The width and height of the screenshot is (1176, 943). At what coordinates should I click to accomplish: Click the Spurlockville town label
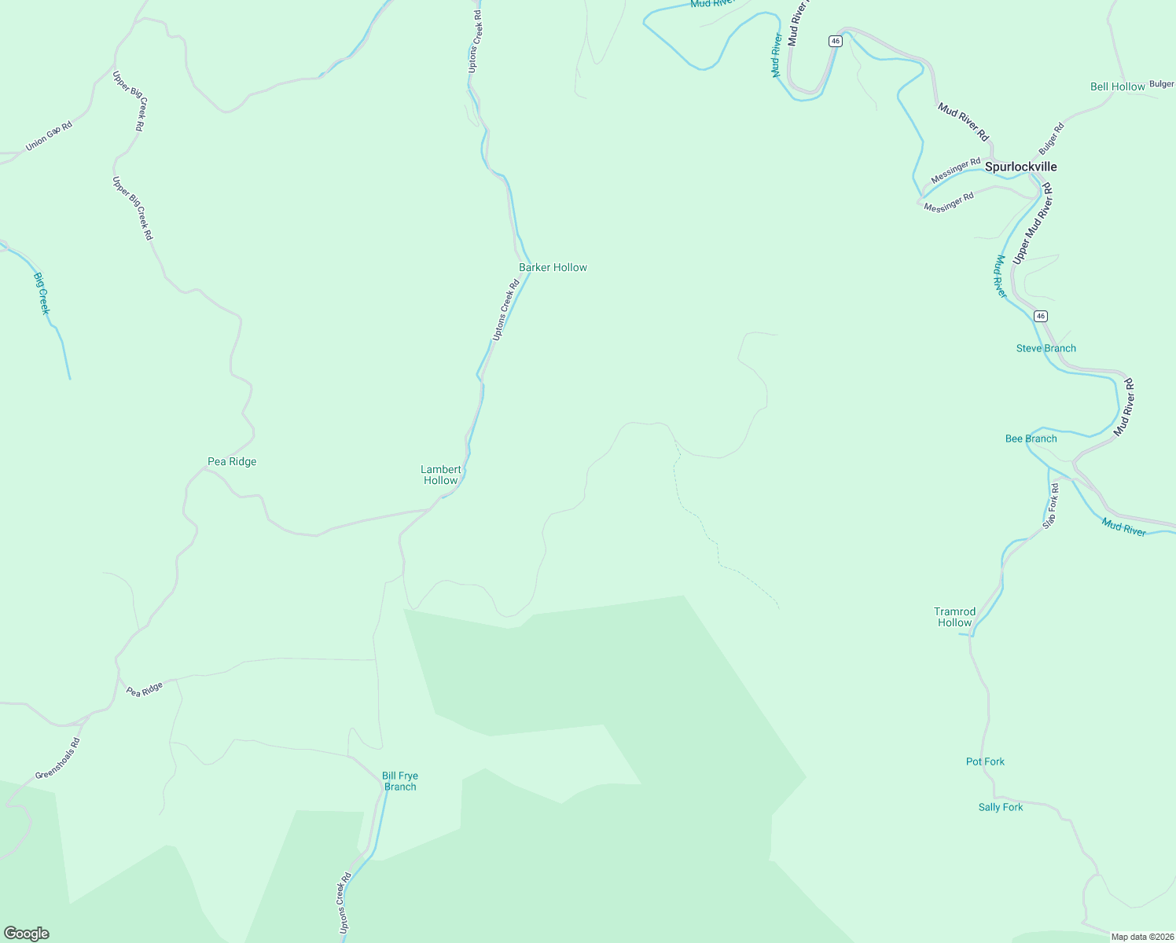pyautogui.click(x=1020, y=167)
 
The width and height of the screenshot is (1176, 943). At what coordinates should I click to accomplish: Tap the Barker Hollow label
pyautogui.click(x=553, y=267)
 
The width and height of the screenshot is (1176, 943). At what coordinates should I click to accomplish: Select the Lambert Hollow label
pyautogui.click(x=440, y=475)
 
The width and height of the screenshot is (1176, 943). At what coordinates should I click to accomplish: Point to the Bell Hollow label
pyautogui.click(x=1117, y=86)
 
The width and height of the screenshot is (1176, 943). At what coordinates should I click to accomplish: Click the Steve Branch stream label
pyautogui.click(x=1046, y=348)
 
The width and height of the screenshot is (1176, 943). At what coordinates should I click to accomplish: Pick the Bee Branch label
pyautogui.click(x=1031, y=438)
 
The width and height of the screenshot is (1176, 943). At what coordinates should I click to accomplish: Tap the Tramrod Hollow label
pyautogui.click(x=954, y=617)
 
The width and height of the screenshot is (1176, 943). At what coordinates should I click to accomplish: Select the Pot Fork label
pyautogui.click(x=985, y=761)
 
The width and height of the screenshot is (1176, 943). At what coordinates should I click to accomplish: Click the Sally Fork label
pyautogui.click(x=1000, y=807)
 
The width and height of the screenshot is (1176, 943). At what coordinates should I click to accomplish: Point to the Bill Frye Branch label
pyautogui.click(x=399, y=781)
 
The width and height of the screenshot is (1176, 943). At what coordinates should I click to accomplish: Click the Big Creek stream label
pyautogui.click(x=42, y=293)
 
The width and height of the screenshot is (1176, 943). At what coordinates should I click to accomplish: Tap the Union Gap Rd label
pyautogui.click(x=49, y=136)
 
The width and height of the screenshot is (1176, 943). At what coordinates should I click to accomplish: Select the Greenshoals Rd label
pyautogui.click(x=57, y=758)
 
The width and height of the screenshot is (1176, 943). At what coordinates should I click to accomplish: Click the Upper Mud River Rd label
pyautogui.click(x=1032, y=224)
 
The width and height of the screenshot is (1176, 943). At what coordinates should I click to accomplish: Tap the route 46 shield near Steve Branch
pyautogui.click(x=1041, y=316)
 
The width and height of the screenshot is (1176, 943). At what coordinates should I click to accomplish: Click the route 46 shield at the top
pyautogui.click(x=835, y=41)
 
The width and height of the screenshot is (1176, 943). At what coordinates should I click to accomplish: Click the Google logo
pyautogui.click(x=26, y=934)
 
